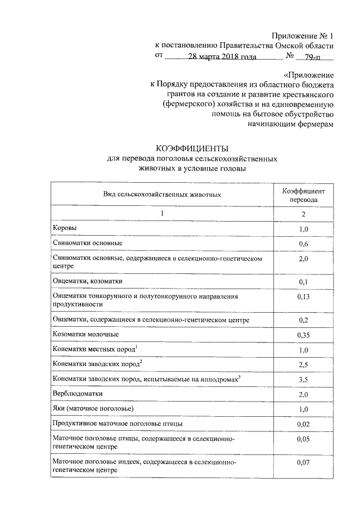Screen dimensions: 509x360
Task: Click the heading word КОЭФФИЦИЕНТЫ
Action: click(193, 149)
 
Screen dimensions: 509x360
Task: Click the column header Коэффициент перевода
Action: click(303, 195)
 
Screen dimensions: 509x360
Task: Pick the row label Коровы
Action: click(64, 228)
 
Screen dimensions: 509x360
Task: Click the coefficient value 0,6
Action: click(303, 244)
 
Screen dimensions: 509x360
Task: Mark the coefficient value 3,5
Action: click(303, 380)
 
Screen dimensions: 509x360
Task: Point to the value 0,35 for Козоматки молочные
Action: click(303, 336)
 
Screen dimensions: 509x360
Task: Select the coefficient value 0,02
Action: click(303, 424)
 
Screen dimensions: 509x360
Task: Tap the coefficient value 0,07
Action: click(303, 462)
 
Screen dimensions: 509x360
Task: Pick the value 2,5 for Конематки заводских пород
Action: click(303, 365)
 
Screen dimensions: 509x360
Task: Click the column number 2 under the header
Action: click(303, 214)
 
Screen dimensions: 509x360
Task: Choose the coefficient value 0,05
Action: click(303, 439)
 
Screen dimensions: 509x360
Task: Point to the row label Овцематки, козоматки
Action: click(87, 281)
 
